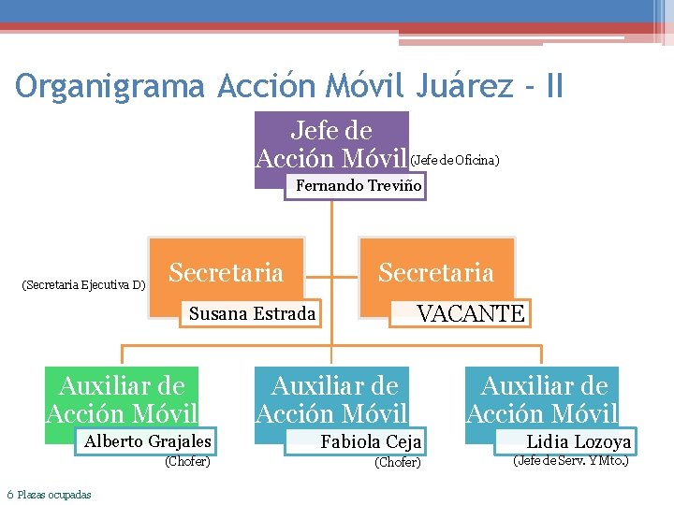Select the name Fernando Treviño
click(359, 186)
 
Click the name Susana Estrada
click(252, 313)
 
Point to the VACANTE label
click(470, 313)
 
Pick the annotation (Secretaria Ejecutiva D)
click(83, 284)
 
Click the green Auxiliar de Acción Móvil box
click(123, 399)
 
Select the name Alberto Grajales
click(148, 441)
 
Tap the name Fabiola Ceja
click(371, 441)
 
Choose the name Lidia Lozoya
click(579, 441)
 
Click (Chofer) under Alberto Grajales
click(187, 461)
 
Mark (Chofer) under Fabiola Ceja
click(398, 462)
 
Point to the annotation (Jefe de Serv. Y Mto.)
click(570, 460)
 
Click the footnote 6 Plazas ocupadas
click(49, 495)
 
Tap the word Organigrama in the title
click(110, 87)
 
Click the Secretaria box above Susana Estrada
click(227, 273)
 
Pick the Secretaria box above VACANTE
click(436, 273)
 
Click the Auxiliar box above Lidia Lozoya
click(544, 399)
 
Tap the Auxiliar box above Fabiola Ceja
click(333, 399)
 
